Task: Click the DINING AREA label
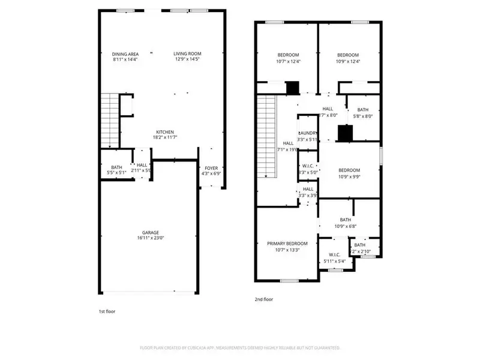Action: (x=125, y=54)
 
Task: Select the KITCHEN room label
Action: (x=165, y=132)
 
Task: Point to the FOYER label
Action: (x=212, y=168)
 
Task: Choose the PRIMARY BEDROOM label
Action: (x=287, y=244)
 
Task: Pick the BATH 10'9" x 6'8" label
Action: (x=346, y=220)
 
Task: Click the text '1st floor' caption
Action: (x=108, y=312)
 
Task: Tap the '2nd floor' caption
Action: (x=265, y=299)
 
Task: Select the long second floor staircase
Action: (x=266, y=138)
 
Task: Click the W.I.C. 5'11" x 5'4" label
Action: (x=334, y=255)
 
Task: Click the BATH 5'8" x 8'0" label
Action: (x=362, y=110)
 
